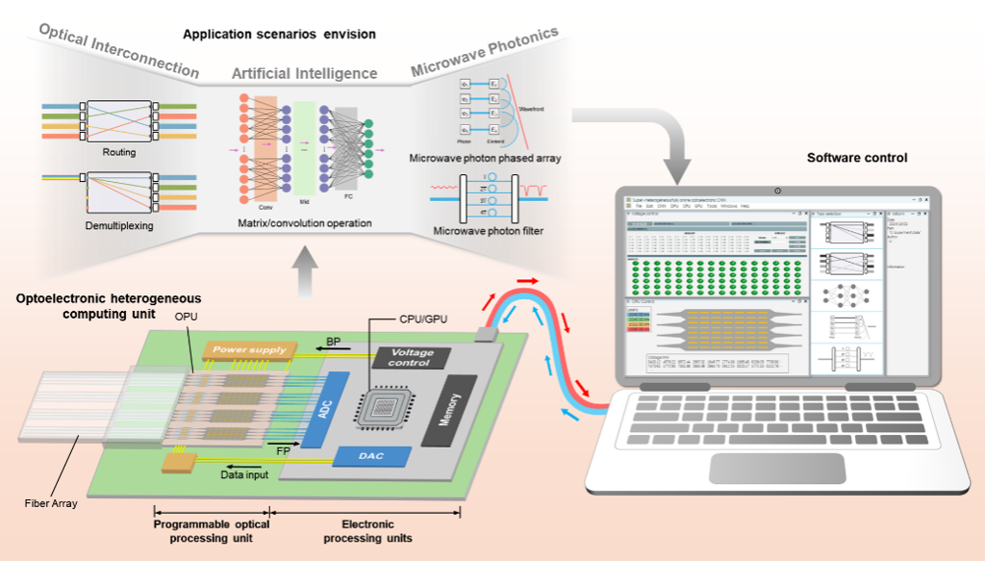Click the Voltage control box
pos(412,358)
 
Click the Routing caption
pos(118,152)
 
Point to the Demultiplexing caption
pos(118,224)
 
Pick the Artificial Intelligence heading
pos(304,74)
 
